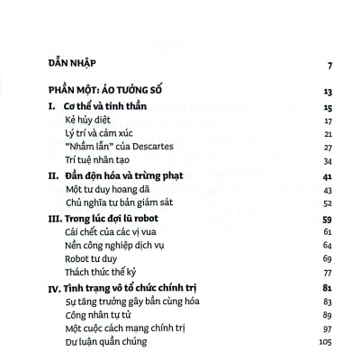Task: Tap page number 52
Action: [x=328, y=204]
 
